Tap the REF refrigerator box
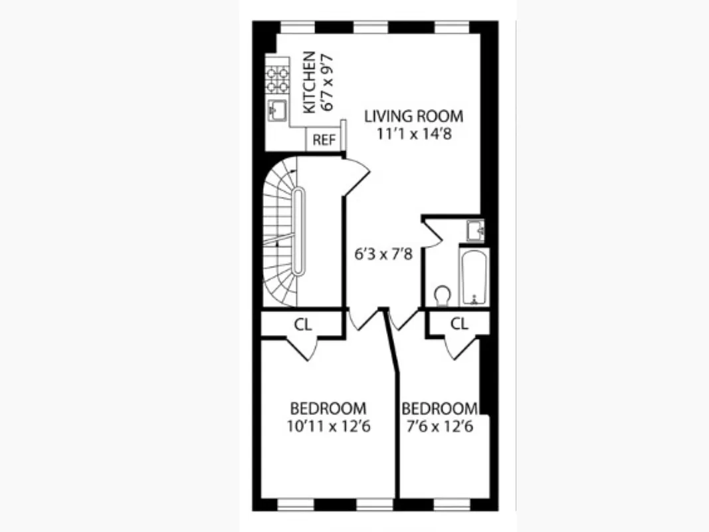coord(324,140)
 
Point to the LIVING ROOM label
coord(413,116)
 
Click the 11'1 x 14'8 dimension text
coord(413,133)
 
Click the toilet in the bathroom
coord(442,295)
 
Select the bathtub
coord(474,277)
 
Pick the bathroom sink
coord(476,229)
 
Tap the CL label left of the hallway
coord(303,325)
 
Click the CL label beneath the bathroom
coord(459,324)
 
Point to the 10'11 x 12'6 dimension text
coord(328,426)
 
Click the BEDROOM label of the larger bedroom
coord(328,408)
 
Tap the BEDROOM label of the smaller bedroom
coord(439,408)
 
